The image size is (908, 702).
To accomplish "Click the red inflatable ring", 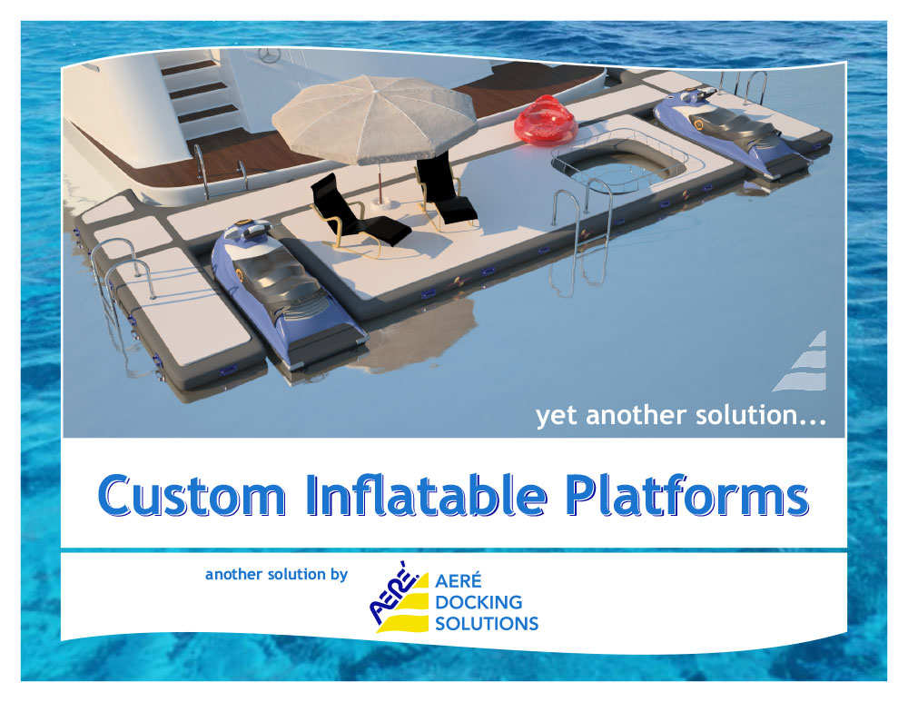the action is click(x=546, y=123).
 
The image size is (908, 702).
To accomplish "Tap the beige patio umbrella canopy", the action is click(x=375, y=119).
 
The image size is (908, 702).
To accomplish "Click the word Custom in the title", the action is click(x=192, y=496).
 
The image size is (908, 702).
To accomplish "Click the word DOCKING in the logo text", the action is click(x=479, y=602).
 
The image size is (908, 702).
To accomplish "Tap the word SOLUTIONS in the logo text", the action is click(x=487, y=624).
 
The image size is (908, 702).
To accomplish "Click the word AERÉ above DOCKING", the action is click(x=458, y=579).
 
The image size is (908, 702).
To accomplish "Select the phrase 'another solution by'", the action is click(x=276, y=574).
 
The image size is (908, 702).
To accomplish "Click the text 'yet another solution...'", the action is click(x=680, y=416).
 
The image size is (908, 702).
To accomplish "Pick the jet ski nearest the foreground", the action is click(x=287, y=292).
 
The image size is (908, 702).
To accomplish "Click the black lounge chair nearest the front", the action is click(x=359, y=215).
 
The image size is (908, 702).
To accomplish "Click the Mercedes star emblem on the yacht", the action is click(x=270, y=55).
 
